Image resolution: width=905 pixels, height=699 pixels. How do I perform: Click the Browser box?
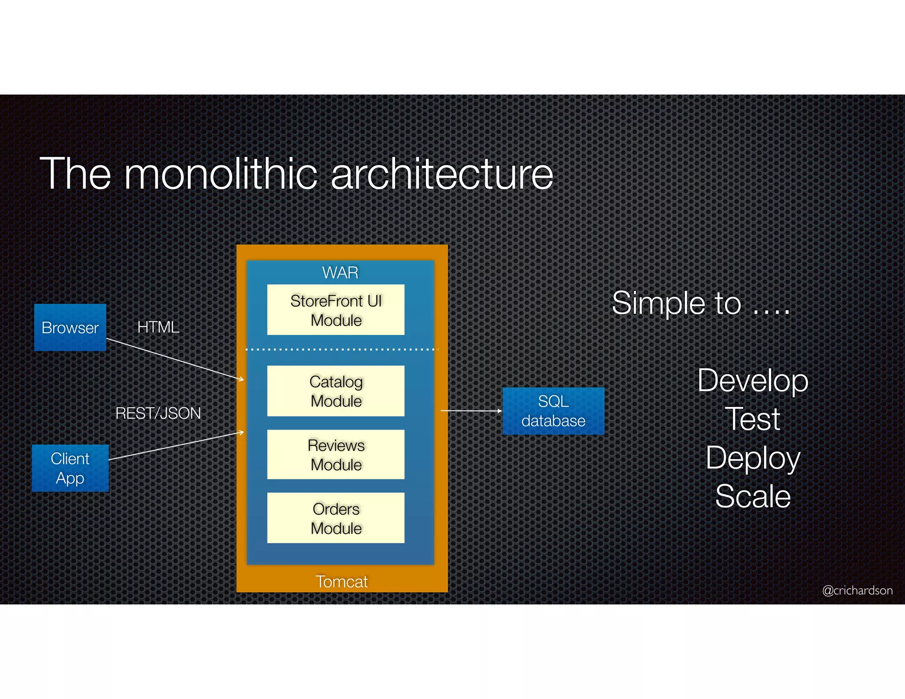point(70,327)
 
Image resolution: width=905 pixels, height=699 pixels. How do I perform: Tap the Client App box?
point(70,468)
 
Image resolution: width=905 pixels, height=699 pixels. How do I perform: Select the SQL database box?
point(553,411)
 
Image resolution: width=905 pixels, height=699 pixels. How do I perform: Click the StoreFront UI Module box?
point(335,310)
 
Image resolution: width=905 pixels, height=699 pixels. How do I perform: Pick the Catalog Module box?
point(335,391)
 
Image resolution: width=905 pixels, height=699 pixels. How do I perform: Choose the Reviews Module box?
point(335,455)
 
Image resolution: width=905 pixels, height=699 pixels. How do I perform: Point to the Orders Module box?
point(335,518)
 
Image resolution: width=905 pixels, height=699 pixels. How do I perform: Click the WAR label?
point(340,273)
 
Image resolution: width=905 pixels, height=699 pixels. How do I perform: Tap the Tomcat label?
point(341,581)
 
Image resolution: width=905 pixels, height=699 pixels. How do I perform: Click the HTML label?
point(158,327)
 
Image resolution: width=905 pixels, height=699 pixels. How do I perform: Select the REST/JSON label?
point(158,413)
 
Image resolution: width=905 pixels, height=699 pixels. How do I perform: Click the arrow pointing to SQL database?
point(471,411)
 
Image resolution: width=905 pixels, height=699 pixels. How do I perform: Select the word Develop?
point(753,381)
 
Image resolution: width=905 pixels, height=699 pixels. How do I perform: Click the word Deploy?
point(753,458)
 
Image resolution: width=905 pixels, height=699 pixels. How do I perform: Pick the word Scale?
point(753,496)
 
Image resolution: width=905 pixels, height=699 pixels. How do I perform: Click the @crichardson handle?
point(857,590)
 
